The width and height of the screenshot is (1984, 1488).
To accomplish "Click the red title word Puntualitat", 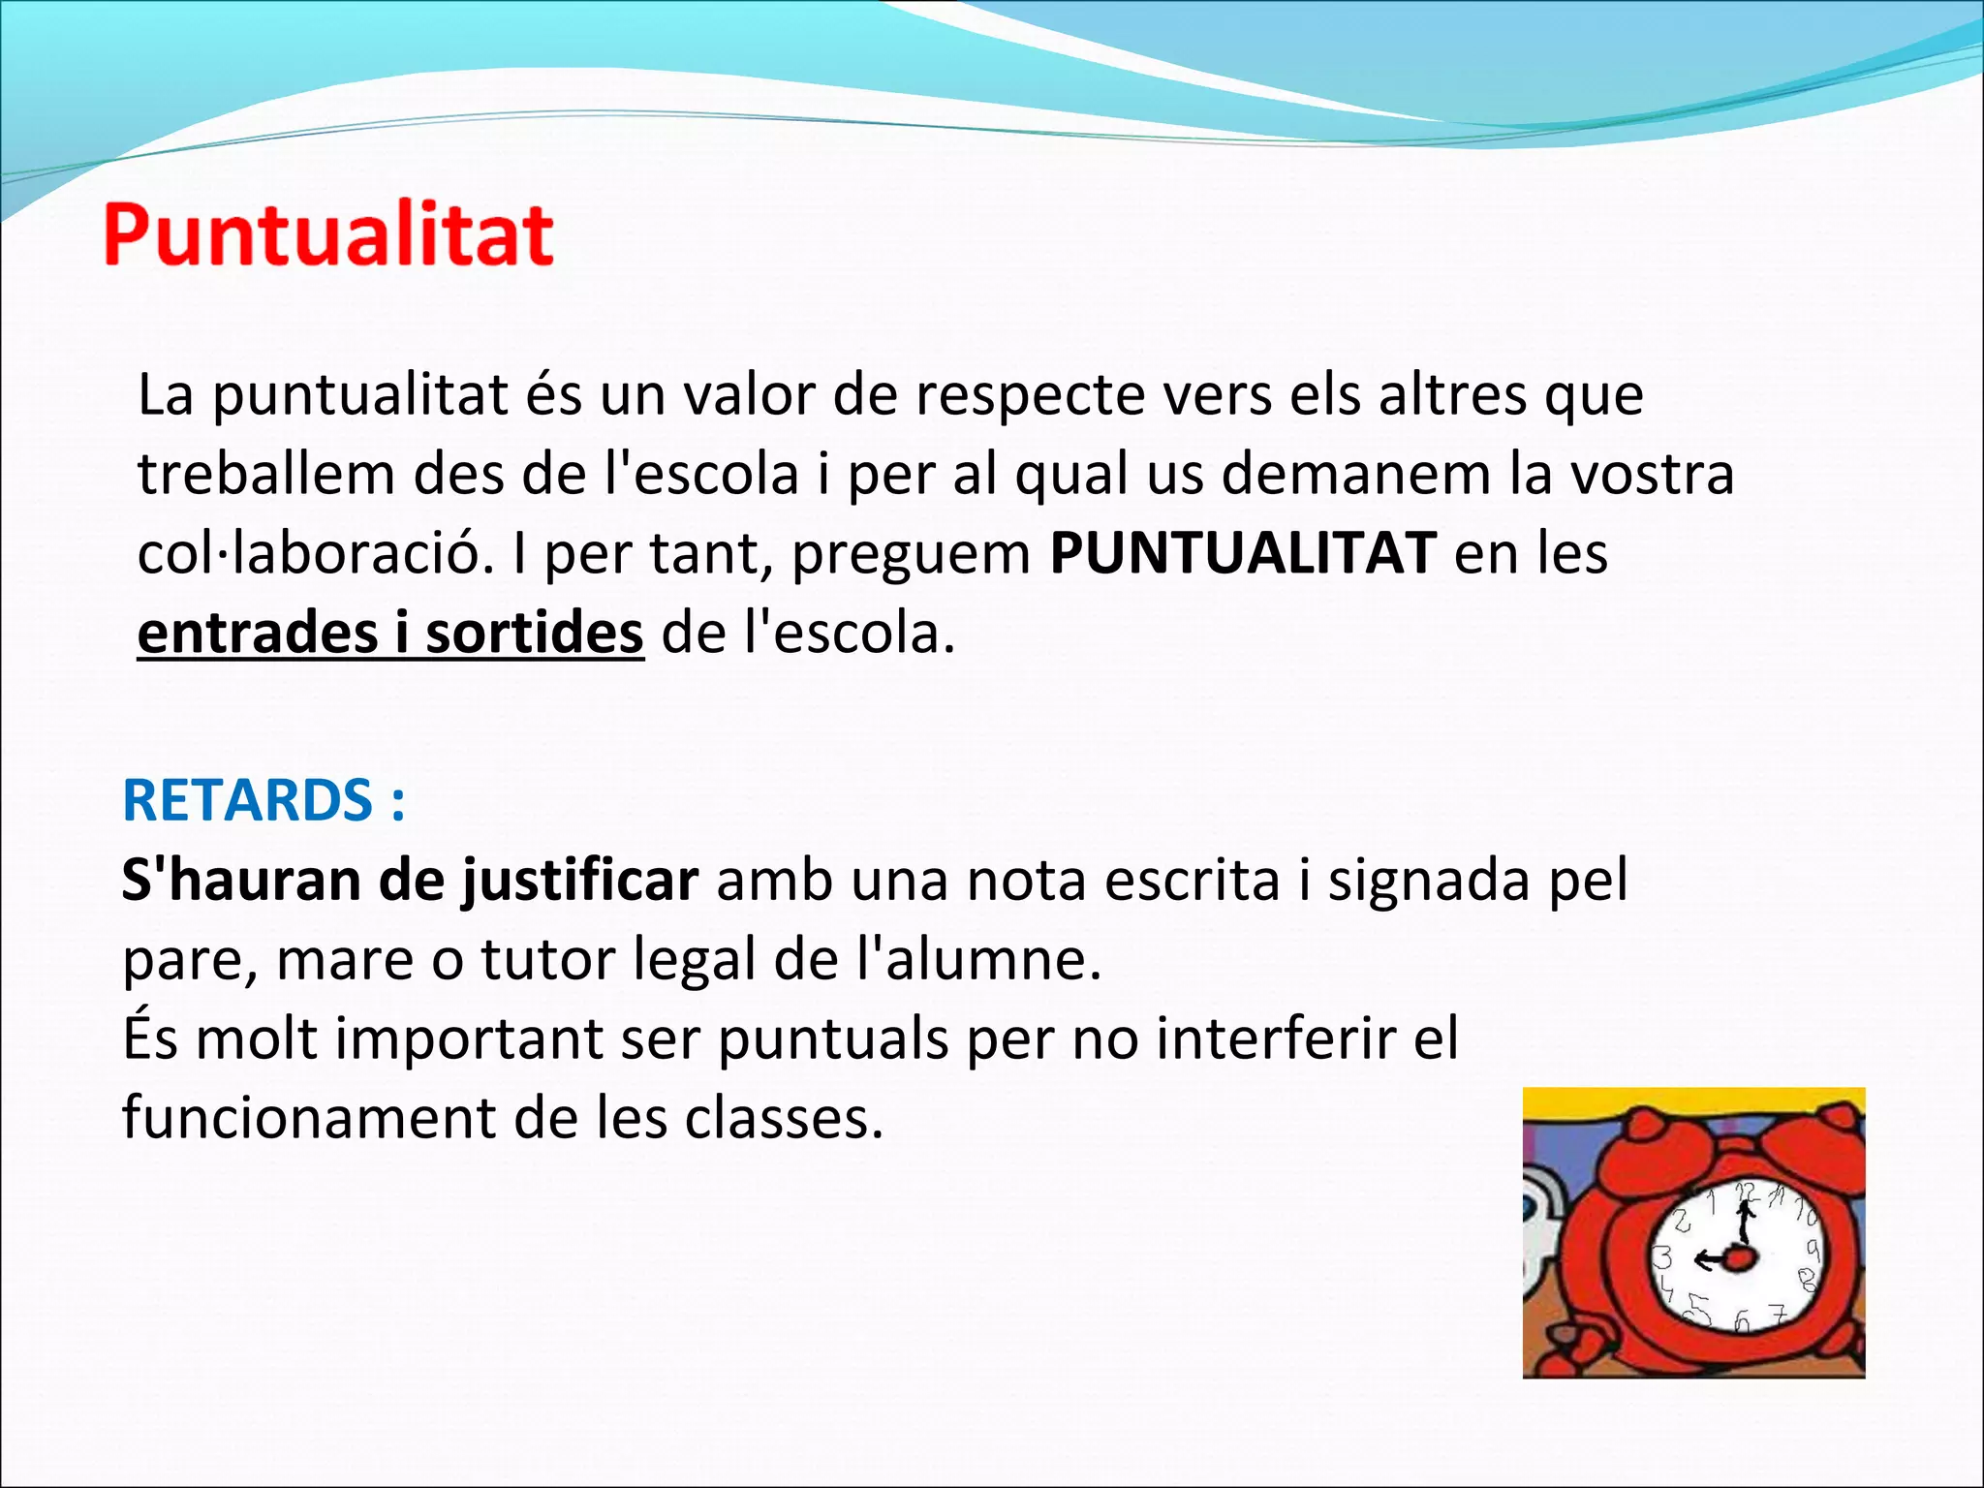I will click(328, 234).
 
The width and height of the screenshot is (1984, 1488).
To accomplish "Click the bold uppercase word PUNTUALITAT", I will click(1243, 553).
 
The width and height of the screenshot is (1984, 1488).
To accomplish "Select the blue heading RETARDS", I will click(247, 800).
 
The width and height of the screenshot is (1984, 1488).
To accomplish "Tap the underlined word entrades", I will click(257, 634).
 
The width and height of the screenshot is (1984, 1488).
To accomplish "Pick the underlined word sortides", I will click(534, 634).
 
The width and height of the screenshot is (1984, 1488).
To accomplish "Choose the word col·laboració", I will click(316, 553).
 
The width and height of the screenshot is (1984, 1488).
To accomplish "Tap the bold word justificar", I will click(579, 881).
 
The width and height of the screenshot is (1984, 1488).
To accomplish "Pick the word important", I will click(470, 1039).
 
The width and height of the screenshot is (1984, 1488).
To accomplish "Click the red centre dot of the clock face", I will click(1741, 1258).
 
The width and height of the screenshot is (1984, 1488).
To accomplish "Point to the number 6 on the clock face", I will click(1742, 1320).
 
